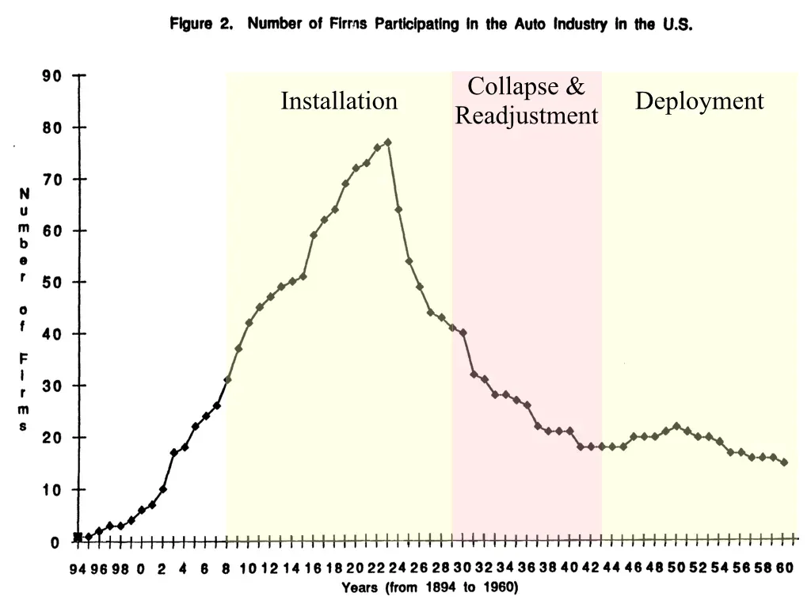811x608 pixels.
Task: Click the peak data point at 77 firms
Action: click(387, 142)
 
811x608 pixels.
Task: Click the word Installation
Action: click(339, 101)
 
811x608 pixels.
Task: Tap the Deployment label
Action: click(699, 101)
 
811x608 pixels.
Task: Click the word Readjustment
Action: click(527, 116)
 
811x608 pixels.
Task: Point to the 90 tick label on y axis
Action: click(51, 76)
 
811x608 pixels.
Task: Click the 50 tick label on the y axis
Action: click(51, 283)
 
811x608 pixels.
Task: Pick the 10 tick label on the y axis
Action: click(51, 490)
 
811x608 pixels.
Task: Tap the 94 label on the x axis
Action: click(77, 568)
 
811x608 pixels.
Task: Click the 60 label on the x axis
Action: click(784, 568)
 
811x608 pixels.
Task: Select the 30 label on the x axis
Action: click(463, 568)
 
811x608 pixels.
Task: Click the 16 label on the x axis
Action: click(312, 568)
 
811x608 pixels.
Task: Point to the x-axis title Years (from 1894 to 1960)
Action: click(429, 587)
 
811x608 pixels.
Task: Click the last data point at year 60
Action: click(784, 462)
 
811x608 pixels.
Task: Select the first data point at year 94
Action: click(78, 537)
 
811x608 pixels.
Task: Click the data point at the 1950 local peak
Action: click(676, 426)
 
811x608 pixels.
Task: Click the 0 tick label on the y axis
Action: click(55, 542)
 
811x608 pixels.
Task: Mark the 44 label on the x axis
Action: click(612, 568)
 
